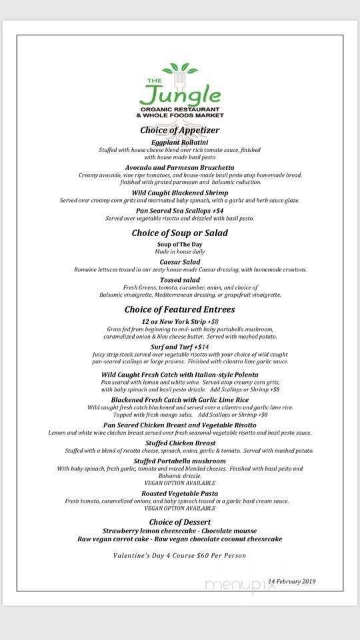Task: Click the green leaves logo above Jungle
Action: [x=179, y=69]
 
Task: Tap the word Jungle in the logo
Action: [x=180, y=92]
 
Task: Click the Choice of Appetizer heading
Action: [x=179, y=130]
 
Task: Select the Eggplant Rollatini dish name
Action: [x=179, y=142]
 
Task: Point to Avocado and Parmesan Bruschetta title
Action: [x=179, y=167]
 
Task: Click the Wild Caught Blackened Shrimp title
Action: [x=179, y=193]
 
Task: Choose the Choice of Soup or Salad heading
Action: [x=179, y=233]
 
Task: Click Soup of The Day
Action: [x=179, y=245]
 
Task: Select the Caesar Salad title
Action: [x=179, y=262]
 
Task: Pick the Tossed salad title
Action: [x=179, y=280]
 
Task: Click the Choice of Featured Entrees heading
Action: [x=179, y=309]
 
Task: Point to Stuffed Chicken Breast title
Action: [x=180, y=443]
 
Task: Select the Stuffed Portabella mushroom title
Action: [x=179, y=461]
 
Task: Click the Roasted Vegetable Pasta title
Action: [x=179, y=493]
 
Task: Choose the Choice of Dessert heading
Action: [x=179, y=521]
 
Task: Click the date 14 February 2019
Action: [x=291, y=581]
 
